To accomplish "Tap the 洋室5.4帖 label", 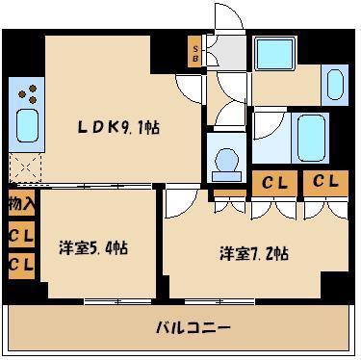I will (93, 247).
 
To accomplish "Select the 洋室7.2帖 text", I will (254, 254).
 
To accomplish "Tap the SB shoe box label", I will (195, 51).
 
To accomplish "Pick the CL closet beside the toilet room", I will (272, 182).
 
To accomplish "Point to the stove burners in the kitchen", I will (29, 94).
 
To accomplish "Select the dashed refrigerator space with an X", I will (24, 168).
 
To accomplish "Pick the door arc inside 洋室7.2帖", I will (177, 204).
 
